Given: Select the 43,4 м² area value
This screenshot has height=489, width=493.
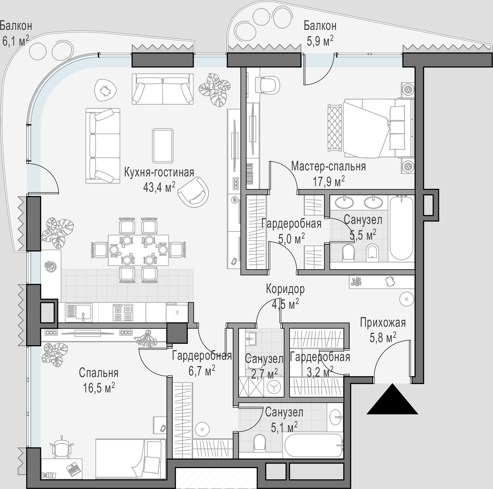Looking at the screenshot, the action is click(159, 187).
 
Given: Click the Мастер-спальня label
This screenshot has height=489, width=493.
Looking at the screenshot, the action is click(328, 166).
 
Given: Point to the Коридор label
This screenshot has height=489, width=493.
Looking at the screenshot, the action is click(285, 289).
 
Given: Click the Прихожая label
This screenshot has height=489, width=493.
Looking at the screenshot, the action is click(383, 323).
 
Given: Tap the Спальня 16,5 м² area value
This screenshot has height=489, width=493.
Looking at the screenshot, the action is click(99, 387).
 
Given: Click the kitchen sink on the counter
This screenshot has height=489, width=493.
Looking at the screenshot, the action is click(79, 312).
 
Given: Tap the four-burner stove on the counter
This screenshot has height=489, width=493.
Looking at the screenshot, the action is click(122, 312).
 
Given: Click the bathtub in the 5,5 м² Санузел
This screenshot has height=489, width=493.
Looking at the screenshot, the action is click(401, 227).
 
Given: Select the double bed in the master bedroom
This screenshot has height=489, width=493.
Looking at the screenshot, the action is click(377, 128).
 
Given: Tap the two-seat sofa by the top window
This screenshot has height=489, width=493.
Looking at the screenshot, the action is click(163, 89).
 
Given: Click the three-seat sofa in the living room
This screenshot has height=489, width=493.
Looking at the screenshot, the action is click(103, 146).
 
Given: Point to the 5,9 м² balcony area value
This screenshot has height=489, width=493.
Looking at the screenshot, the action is click(320, 41).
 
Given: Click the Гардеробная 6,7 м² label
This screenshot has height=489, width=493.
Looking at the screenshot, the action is click(202, 363).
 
